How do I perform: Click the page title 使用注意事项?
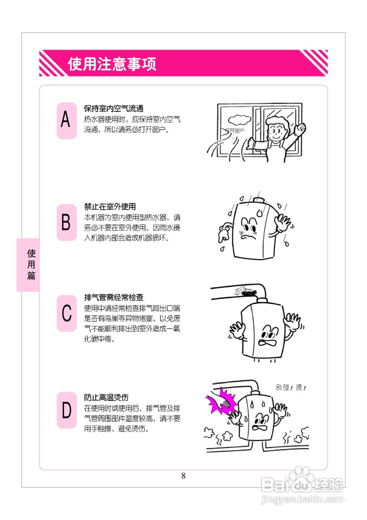point(112,64)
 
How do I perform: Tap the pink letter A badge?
point(66,121)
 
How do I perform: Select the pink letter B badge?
point(66,223)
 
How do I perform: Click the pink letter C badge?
point(66,313)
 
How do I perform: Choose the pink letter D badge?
point(66,410)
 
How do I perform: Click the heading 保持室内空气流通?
point(113,109)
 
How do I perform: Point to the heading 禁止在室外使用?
point(110,207)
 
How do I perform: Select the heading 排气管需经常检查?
point(113,298)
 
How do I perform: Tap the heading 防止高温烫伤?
point(106,397)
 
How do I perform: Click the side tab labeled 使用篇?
point(31,265)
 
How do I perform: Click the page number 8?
point(183,476)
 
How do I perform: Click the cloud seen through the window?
point(239,119)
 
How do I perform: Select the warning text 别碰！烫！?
point(291,388)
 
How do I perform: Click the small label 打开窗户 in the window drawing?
point(234,131)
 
